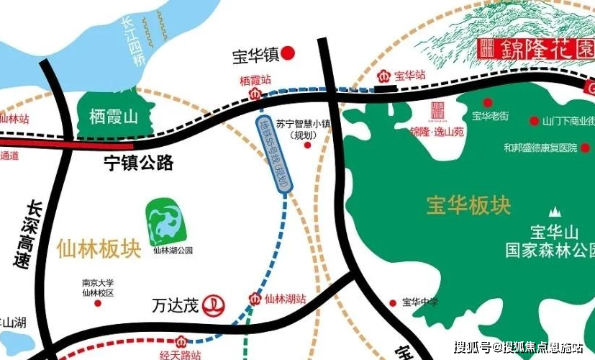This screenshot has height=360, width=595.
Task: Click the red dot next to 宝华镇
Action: pos(289,53)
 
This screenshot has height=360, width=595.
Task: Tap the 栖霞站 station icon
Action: pos(253,94)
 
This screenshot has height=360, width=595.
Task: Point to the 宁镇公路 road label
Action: pos(136,163)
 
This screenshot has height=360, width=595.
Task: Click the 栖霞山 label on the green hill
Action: pos(113,117)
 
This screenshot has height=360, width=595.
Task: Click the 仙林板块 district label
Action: pos(96,249)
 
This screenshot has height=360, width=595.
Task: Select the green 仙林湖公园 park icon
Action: pos(167,221)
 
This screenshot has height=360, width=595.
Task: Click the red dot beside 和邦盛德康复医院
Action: pos(585,148)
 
